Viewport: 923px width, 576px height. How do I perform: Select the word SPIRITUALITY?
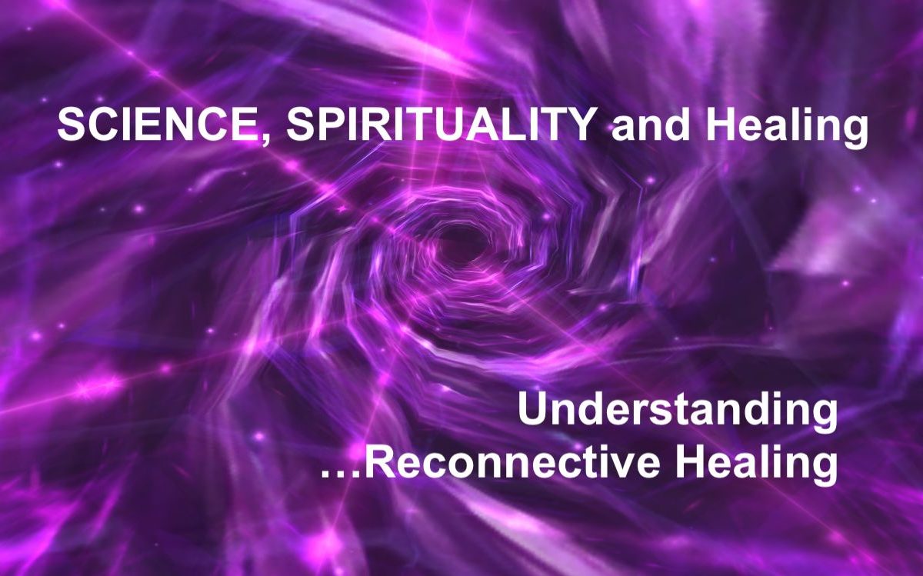click(440, 125)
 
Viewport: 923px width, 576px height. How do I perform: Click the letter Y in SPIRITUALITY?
click(578, 125)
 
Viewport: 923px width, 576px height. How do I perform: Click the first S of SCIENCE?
click(71, 125)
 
